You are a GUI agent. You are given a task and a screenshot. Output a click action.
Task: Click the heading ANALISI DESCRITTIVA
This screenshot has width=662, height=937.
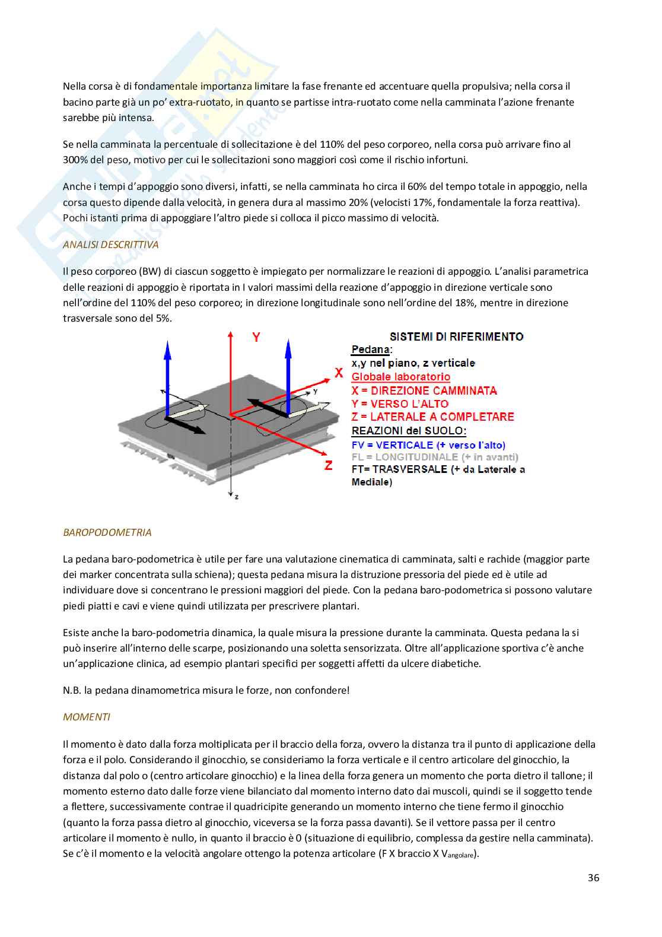point(110,244)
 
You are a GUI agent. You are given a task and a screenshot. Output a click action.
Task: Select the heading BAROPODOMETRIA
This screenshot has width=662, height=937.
point(107,532)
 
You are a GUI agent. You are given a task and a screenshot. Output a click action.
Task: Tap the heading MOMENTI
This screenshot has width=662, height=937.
point(86,717)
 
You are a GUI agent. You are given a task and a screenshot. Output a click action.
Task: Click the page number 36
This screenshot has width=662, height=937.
point(593,878)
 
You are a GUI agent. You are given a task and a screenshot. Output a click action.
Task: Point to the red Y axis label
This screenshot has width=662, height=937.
point(256,337)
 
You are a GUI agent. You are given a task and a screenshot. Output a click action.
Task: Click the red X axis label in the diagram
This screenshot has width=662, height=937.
point(339,373)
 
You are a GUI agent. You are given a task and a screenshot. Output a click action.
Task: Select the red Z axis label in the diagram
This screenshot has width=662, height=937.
point(328,466)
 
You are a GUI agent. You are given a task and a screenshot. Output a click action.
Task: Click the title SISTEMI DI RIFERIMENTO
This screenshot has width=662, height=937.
point(456,336)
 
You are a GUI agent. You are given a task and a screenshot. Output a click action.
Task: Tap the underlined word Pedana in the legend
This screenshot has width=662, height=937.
point(370,350)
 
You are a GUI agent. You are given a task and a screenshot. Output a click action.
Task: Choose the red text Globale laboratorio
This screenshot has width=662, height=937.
point(400,377)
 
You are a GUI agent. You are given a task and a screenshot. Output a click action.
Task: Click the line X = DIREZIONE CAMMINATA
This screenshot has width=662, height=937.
point(424,390)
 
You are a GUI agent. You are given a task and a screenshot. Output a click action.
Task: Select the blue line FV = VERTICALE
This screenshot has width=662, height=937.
point(428,445)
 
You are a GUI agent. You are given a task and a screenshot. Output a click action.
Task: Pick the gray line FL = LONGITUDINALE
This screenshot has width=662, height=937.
point(435,457)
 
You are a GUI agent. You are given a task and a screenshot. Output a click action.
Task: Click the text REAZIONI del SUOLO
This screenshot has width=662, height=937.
point(409,431)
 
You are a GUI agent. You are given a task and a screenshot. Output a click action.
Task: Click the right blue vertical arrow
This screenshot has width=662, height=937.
point(288,374)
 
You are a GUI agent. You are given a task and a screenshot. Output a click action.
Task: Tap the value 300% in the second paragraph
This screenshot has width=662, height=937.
point(75,160)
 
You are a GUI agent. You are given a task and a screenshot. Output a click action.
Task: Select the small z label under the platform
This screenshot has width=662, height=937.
point(236,496)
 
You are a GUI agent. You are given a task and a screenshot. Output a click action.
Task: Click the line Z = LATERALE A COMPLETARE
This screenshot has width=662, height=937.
point(432,417)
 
